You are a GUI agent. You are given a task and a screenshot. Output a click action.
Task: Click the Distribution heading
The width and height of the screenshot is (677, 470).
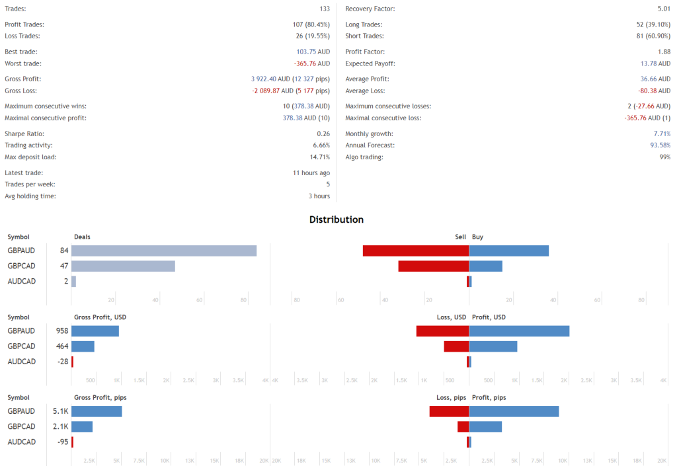tap(337, 219)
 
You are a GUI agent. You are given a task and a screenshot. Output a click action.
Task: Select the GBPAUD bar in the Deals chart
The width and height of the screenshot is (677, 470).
tap(164, 251)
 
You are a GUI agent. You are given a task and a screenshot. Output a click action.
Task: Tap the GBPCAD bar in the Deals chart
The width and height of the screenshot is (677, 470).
tap(123, 266)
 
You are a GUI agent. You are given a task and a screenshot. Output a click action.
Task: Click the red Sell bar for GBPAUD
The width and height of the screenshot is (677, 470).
tap(415, 251)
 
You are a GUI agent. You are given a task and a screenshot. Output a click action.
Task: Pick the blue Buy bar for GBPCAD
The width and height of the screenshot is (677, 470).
tap(486, 266)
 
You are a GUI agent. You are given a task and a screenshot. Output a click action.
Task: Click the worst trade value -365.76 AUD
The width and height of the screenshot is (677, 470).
tap(312, 63)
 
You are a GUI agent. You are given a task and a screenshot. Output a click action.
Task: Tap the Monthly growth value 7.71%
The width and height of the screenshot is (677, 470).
tap(662, 134)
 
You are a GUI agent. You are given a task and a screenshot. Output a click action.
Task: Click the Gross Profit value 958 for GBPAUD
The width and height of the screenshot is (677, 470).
tap(62, 331)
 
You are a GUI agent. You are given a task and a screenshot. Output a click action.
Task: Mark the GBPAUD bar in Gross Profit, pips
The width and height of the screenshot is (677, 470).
tap(97, 411)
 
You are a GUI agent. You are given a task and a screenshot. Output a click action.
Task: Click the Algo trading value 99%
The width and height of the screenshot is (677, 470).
tap(664, 157)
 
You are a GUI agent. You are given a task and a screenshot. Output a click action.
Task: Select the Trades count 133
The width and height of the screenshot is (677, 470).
tap(324, 9)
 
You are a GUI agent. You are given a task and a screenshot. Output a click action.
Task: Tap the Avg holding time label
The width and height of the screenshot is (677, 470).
tap(30, 196)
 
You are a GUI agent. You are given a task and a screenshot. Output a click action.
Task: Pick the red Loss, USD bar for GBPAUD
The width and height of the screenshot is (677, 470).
tap(442, 331)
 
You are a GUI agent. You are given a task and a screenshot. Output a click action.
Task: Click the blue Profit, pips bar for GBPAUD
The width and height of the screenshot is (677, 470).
tap(514, 411)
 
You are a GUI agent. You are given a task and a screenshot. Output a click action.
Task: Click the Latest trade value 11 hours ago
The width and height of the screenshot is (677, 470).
tap(311, 173)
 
